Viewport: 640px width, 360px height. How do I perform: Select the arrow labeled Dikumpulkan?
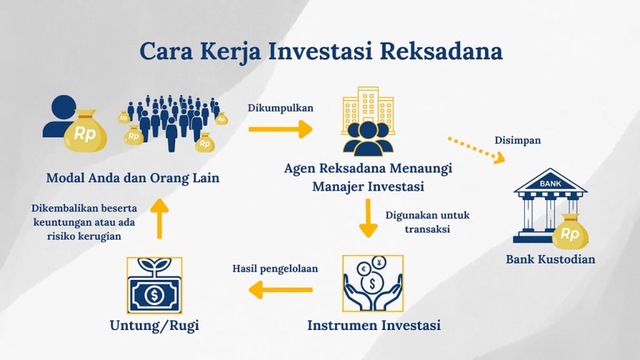click(x=280, y=129)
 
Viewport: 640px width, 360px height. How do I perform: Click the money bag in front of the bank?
click(x=570, y=231)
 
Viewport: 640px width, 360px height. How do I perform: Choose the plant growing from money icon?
click(x=154, y=284)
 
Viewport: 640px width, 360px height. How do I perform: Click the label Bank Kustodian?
click(x=550, y=259)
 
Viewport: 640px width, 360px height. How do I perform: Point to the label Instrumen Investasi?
click(x=374, y=326)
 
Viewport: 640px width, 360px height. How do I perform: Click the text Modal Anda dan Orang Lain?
click(x=133, y=178)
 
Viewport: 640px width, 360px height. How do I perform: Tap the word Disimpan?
click(x=517, y=141)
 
